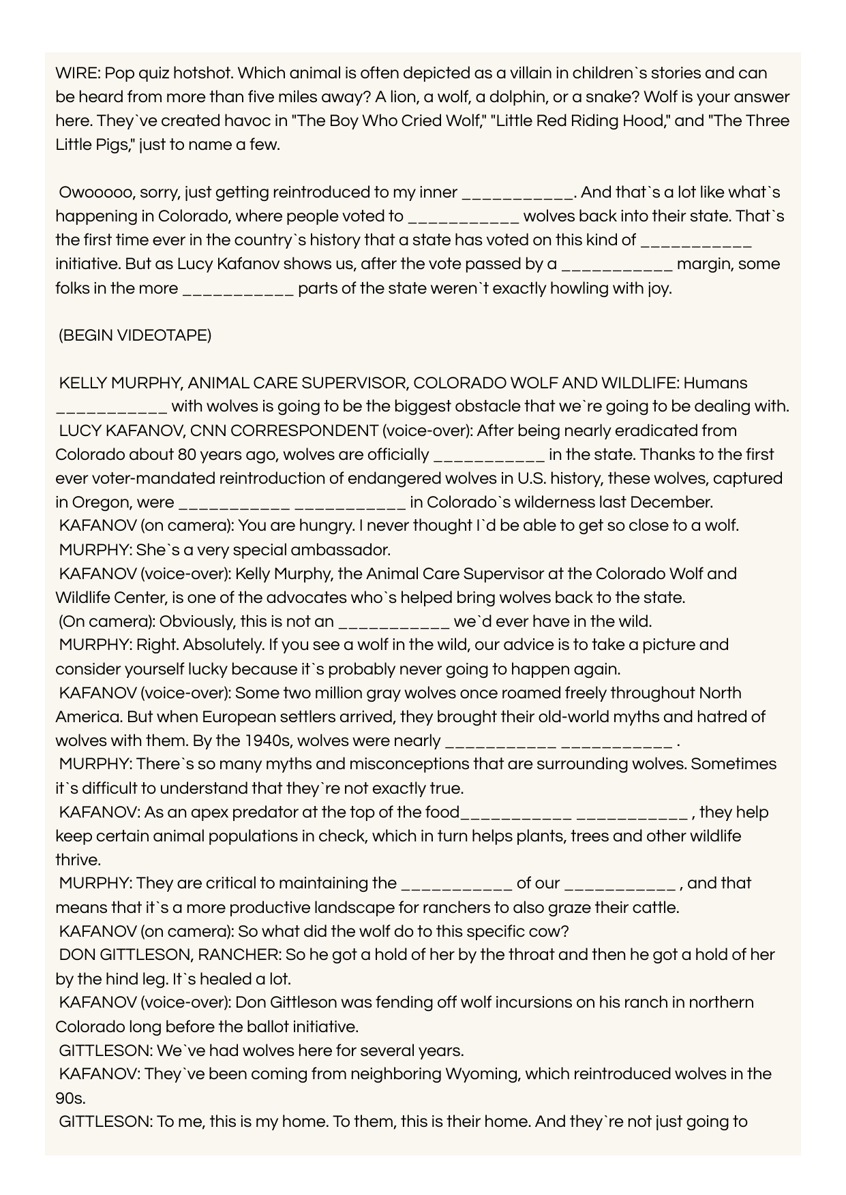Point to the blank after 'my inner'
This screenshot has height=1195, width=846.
(517, 193)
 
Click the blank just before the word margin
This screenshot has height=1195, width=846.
(617, 264)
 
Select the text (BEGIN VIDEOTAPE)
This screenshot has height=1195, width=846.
(135, 336)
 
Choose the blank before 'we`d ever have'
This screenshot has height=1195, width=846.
(394, 621)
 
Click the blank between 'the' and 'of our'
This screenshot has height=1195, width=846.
(457, 884)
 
